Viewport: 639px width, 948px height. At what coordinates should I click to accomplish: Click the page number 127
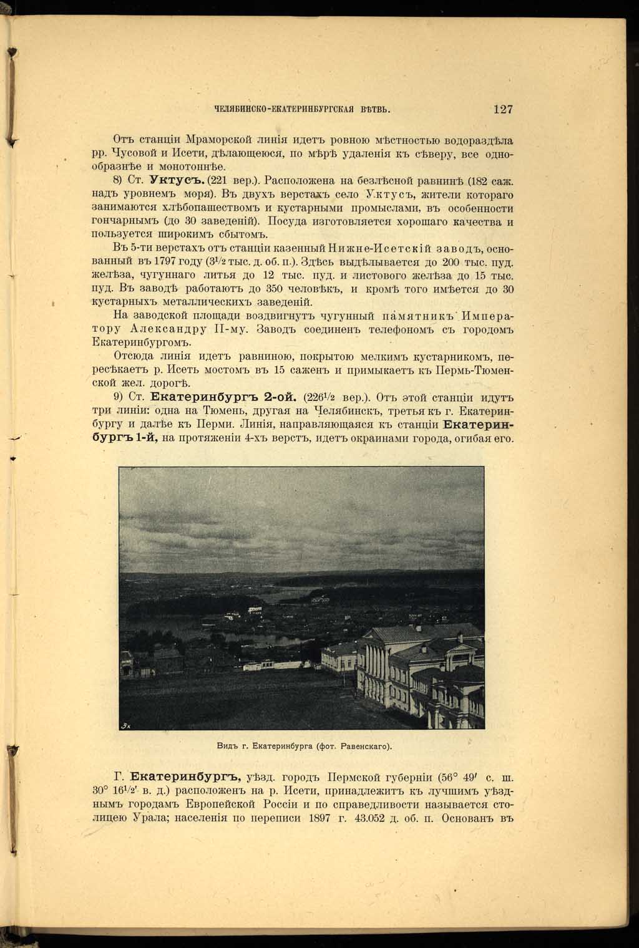(x=502, y=109)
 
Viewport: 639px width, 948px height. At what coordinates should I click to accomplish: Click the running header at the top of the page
(x=302, y=110)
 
